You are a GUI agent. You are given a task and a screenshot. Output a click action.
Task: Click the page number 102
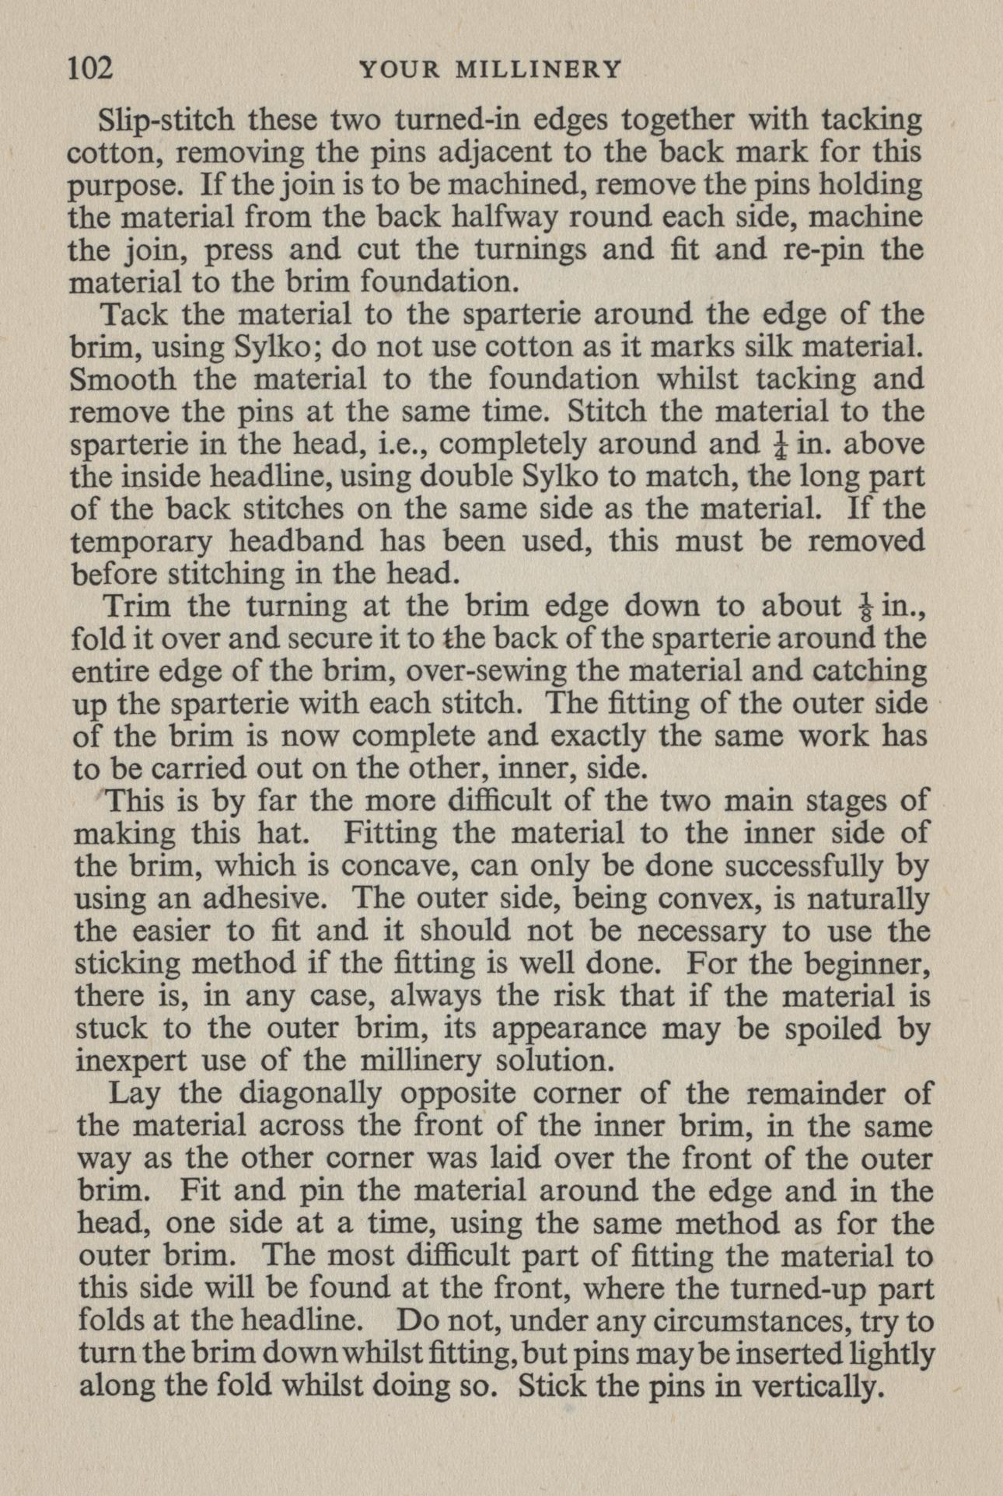pyautogui.click(x=91, y=69)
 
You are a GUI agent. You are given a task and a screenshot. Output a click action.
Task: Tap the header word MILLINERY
pyautogui.click(x=537, y=70)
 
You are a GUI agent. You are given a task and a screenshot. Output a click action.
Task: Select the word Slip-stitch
pyautogui.click(x=166, y=120)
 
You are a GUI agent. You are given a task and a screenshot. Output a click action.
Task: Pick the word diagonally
pyautogui.click(x=309, y=1094)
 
